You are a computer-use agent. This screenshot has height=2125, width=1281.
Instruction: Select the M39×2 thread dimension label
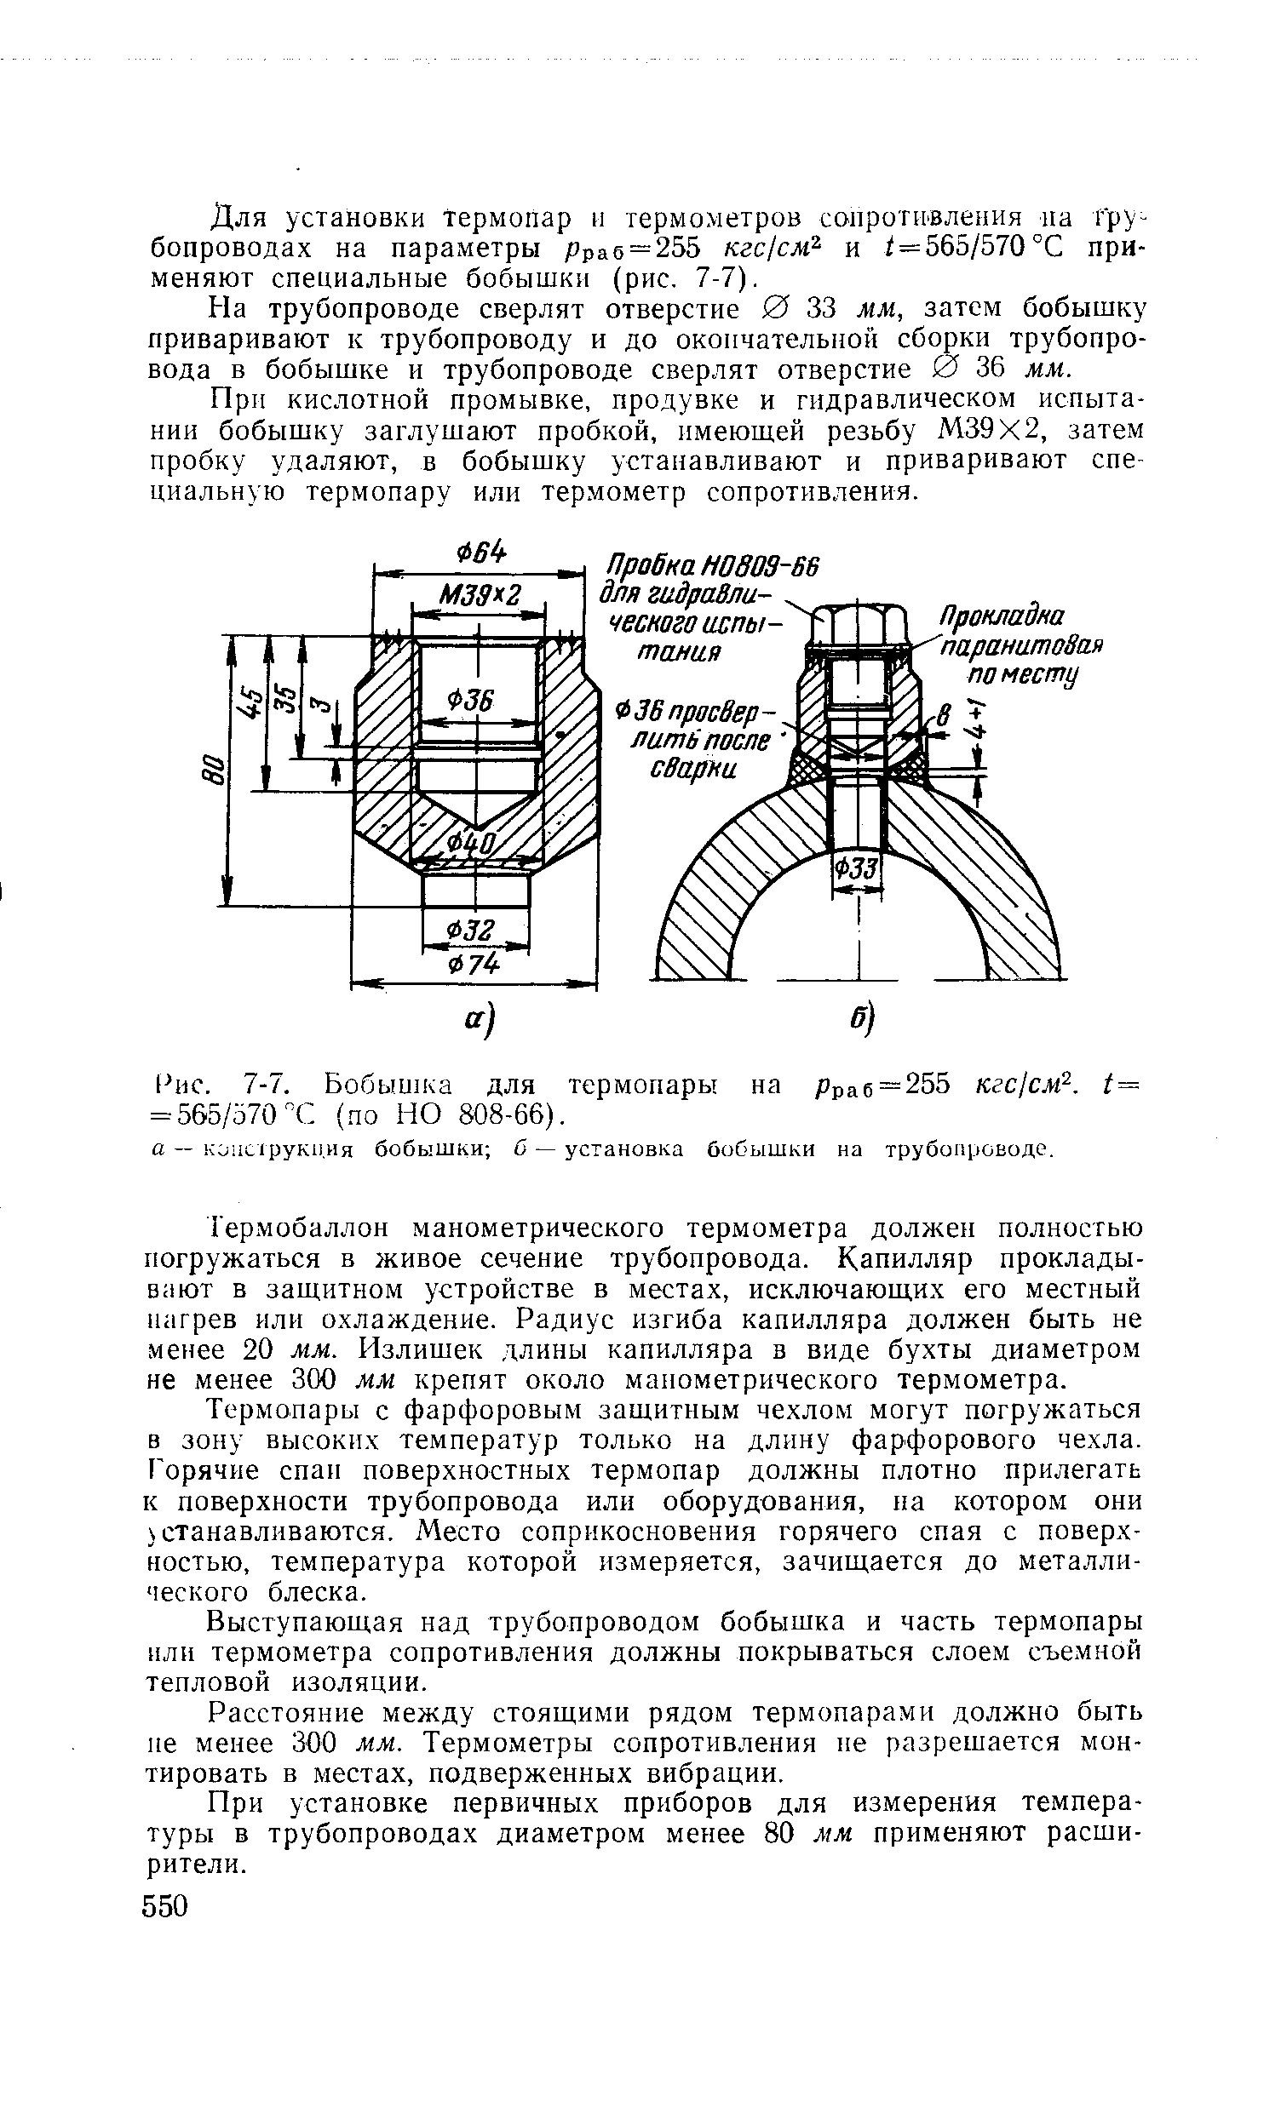pyautogui.click(x=479, y=595)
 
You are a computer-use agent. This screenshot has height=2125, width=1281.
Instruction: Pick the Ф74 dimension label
pyautogui.click(x=472, y=965)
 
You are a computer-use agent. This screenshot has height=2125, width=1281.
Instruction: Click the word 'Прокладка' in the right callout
pyautogui.click(x=1002, y=616)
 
